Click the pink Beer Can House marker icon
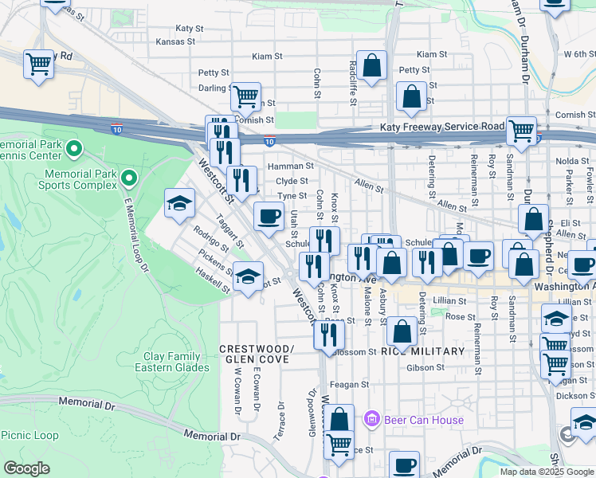pos(370,417)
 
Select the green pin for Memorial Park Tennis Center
pos(74,148)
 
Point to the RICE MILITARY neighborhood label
pos(422,351)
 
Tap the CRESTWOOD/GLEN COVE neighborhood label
pos(256,355)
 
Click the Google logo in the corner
pos(26,468)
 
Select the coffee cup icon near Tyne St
pos(269,215)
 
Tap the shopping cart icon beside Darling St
pos(246,96)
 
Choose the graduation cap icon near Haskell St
pos(249,276)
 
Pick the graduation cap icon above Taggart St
pos(180,203)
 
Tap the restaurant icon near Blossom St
pos(328,335)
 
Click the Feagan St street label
pos(351,384)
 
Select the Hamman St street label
pos(286,166)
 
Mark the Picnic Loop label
pos(29,435)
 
